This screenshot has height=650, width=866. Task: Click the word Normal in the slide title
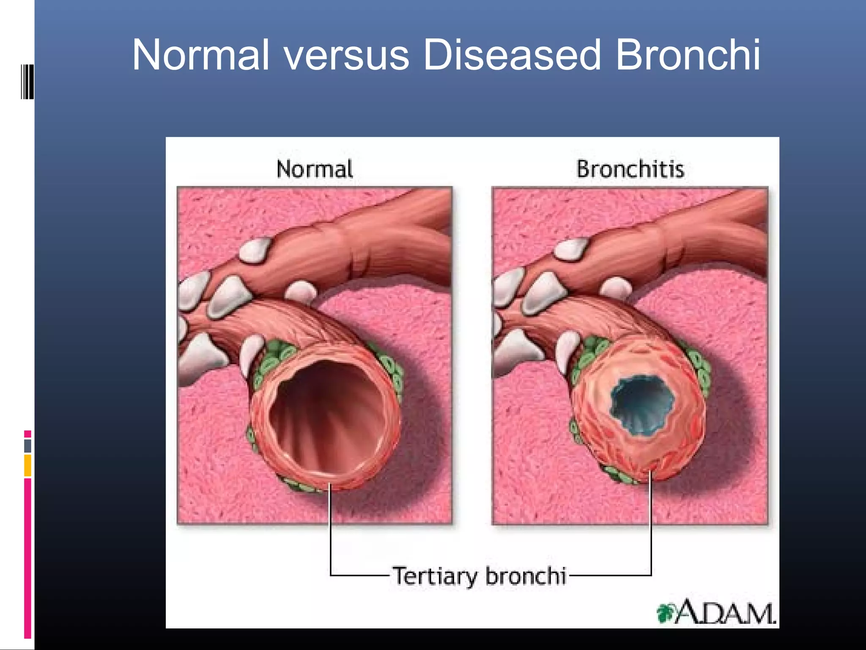click(200, 55)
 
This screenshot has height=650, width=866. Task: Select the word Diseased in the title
click(512, 55)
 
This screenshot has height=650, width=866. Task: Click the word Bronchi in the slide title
click(687, 55)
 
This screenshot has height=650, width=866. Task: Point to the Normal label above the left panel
click(315, 169)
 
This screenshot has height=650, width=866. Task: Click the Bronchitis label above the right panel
click(630, 169)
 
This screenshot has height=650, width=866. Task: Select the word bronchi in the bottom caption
click(526, 576)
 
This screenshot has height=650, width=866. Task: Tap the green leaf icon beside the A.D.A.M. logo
click(665, 613)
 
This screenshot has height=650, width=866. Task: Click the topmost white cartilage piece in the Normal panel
click(255, 250)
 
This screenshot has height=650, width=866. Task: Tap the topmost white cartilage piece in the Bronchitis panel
click(571, 249)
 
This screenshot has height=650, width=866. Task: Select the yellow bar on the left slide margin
click(27, 465)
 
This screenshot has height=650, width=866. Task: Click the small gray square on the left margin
click(27, 446)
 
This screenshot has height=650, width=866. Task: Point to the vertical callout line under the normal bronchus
click(330, 533)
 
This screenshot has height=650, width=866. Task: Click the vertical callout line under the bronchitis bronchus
click(651, 529)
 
